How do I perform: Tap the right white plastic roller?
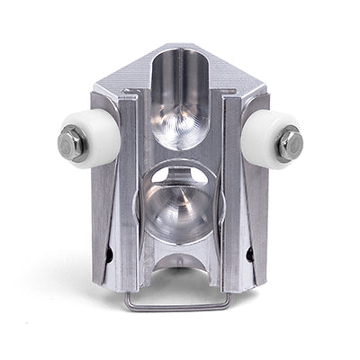(x=270, y=139)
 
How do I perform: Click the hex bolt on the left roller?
(x=73, y=142)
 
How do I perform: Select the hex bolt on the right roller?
(x=290, y=142)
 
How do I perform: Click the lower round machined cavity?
(x=181, y=202)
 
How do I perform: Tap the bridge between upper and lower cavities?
(x=181, y=159)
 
